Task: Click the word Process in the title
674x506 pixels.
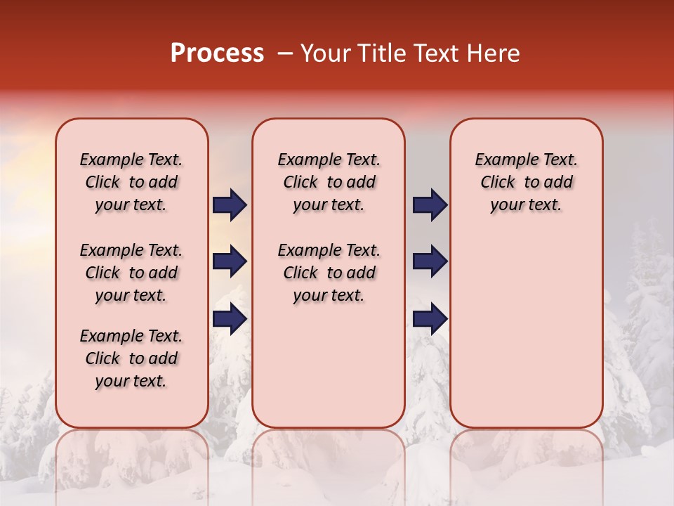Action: click(x=217, y=53)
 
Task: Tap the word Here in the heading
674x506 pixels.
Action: click(x=492, y=53)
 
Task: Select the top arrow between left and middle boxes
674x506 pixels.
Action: click(x=230, y=205)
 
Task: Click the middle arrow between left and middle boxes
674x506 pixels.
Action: click(x=230, y=262)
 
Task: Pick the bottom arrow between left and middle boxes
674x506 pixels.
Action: click(x=230, y=319)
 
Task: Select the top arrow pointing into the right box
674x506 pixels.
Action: click(x=430, y=205)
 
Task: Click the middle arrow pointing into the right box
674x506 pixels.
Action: click(x=430, y=262)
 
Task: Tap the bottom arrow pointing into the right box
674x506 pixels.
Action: click(x=430, y=319)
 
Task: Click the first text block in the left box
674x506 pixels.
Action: click(x=131, y=183)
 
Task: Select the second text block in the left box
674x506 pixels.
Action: click(x=131, y=273)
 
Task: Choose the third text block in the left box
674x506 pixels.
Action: click(x=131, y=358)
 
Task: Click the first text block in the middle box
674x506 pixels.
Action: click(x=329, y=183)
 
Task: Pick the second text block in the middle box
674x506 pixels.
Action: click(x=329, y=273)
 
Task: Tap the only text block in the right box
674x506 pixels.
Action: click(x=526, y=183)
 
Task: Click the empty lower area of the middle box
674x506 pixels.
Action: click(x=329, y=365)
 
